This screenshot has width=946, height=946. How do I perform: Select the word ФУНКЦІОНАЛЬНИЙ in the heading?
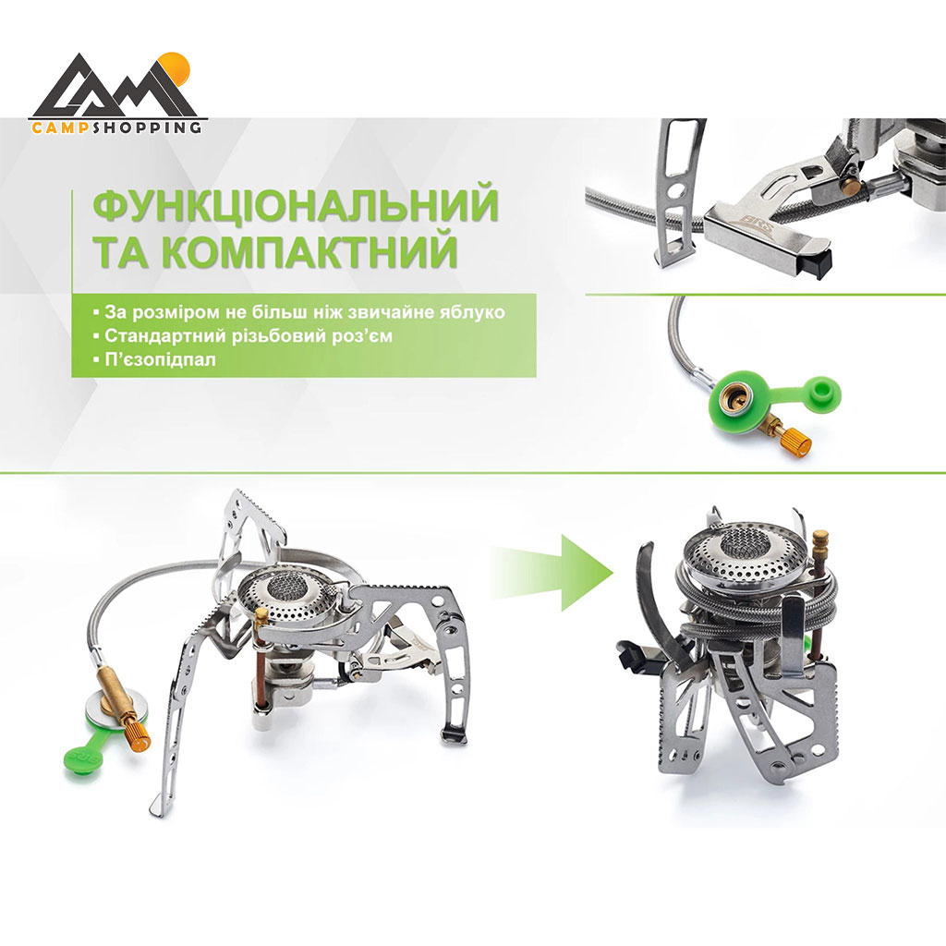296,205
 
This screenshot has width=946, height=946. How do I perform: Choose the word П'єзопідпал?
160,359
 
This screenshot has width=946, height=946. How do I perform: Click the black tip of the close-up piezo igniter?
821,265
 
